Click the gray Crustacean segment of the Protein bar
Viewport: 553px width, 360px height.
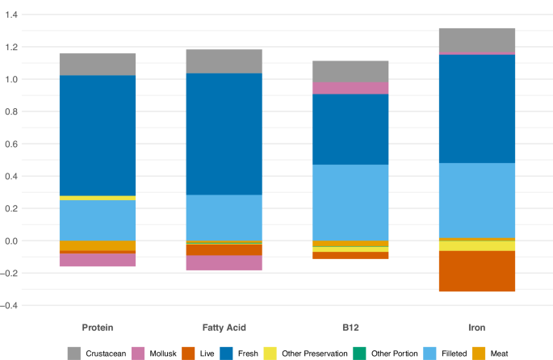[x=98, y=65]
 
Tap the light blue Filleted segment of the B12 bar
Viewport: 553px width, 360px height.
[x=350, y=203]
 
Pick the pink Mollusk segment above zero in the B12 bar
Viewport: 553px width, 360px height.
[x=350, y=88]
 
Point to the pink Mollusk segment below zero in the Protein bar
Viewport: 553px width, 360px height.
[x=98, y=260]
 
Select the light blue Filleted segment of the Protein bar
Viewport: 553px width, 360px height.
[x=98, y=220]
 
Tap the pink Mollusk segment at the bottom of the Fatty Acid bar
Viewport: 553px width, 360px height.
[x=224, y=262]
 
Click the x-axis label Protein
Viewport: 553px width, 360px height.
[x=98, y=328]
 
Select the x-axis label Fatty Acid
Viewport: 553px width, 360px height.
[x=224, y=328]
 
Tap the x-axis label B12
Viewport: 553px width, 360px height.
[x=350, y=328]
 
